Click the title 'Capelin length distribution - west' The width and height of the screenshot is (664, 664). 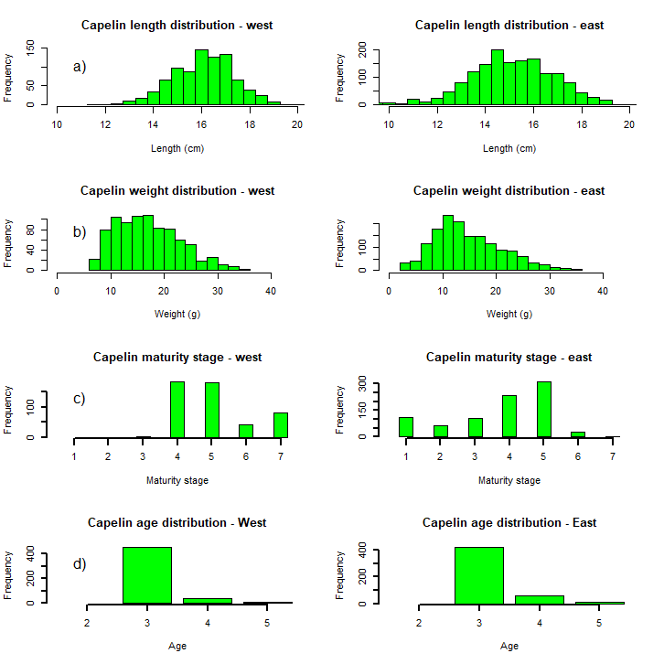(177, 26)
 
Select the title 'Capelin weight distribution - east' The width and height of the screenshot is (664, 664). (509, 191)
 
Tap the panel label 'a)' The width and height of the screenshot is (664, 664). (80, 67)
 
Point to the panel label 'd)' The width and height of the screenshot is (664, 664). (80, 564)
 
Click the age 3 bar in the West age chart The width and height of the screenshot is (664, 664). (147, 575)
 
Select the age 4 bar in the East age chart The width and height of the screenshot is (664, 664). (539, 599)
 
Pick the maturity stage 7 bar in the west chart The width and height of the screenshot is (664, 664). (281, 425)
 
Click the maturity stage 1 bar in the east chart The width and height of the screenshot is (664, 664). (406, 427)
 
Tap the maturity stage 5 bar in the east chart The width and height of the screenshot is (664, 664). (543, 410)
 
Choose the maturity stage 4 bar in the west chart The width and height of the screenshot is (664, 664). (177, 410)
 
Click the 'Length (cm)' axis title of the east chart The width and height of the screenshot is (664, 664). (509, 148)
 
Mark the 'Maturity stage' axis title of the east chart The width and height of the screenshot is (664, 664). (509, 480)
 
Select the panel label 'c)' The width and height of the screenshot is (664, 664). (80, 399)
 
